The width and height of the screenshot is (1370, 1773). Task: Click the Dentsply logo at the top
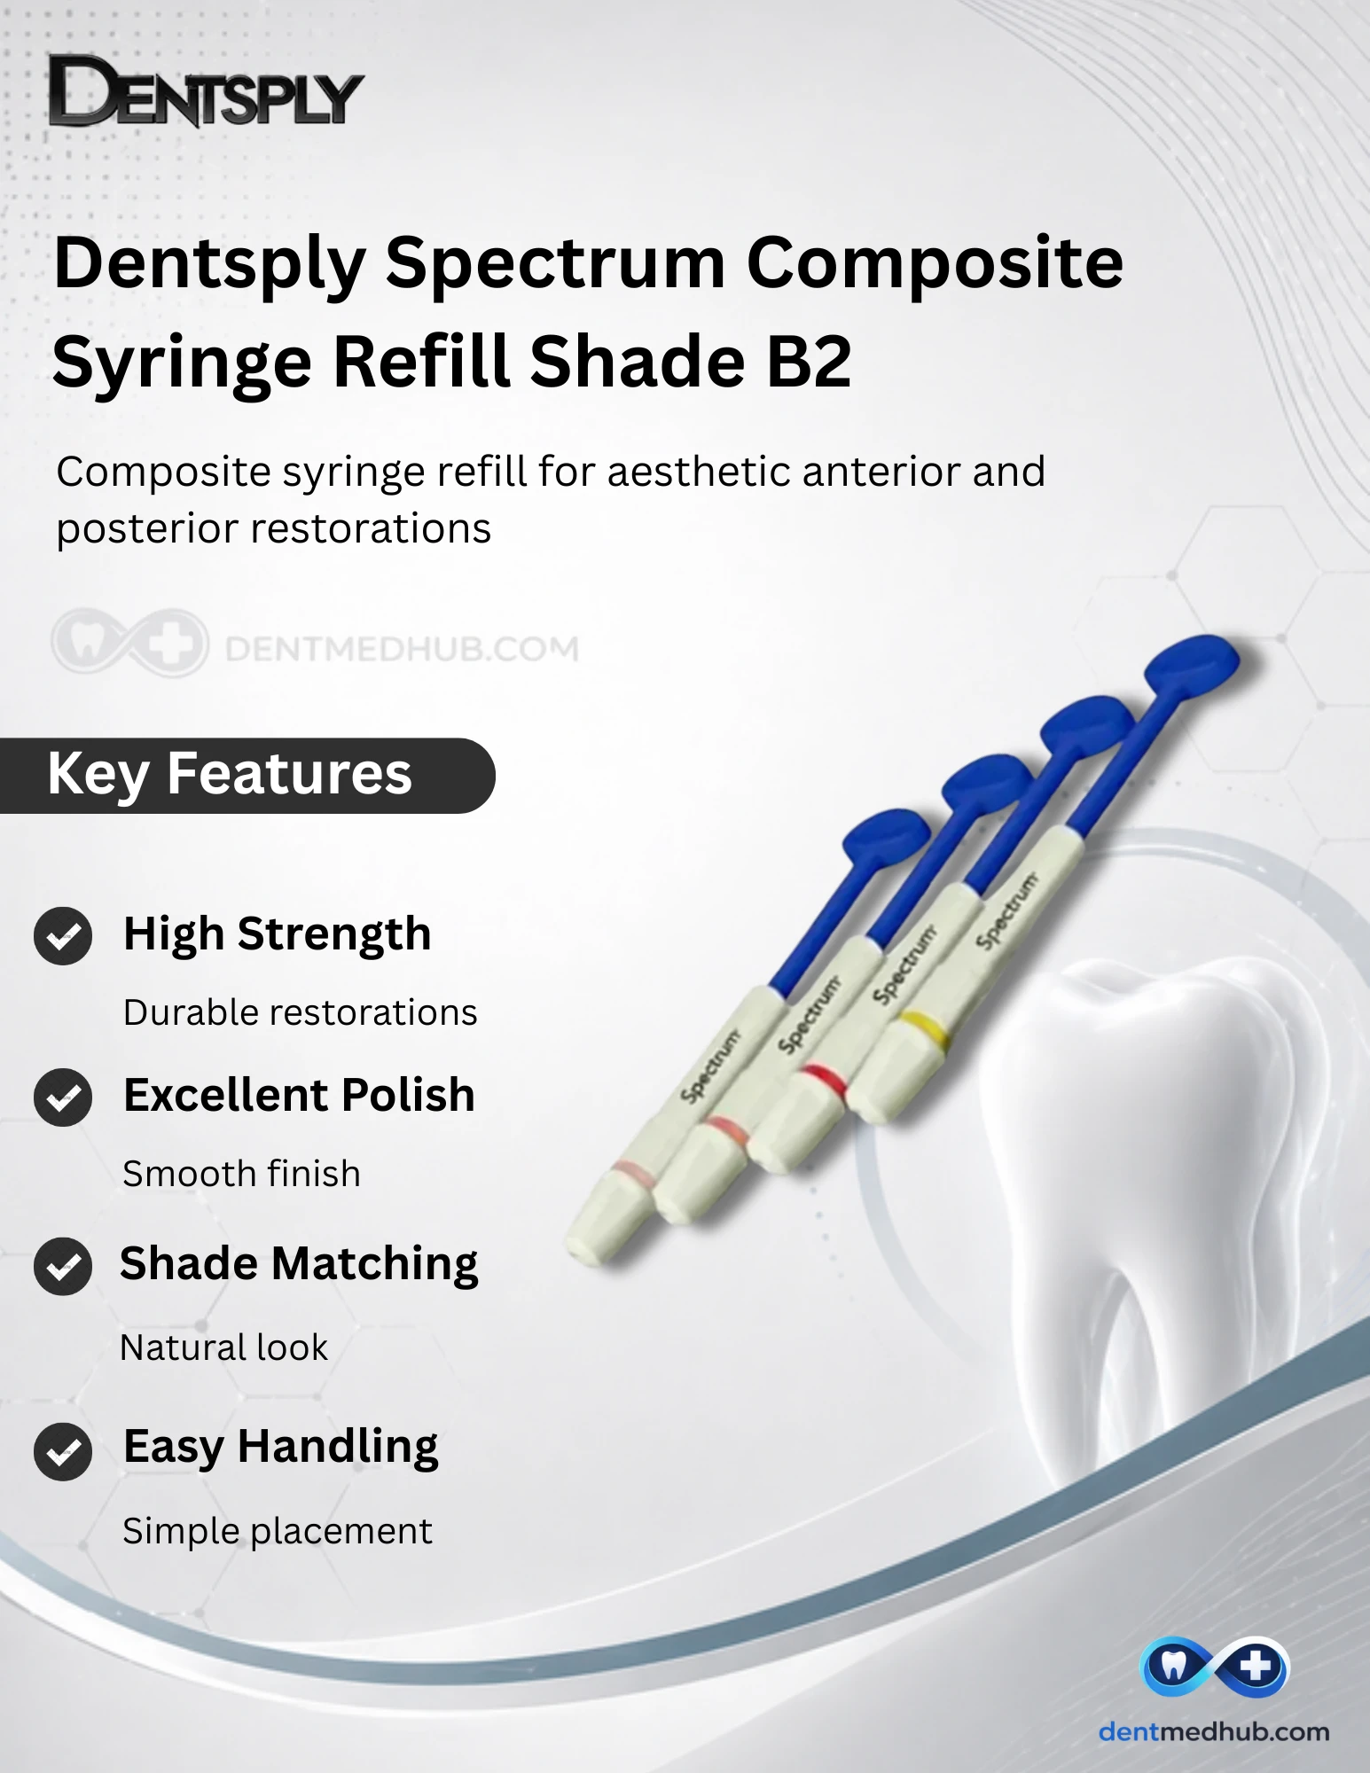click(206, 90)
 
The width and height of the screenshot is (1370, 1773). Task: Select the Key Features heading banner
click(247, 776)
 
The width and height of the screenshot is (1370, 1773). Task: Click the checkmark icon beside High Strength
click(63, 936)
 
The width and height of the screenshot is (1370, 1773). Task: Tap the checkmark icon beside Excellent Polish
click(63, 1097)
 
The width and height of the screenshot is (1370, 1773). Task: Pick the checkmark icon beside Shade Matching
click(63, 1266)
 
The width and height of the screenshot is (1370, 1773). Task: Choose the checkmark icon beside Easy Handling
click(63, 1452)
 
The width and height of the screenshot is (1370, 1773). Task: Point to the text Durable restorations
click(300, 1012)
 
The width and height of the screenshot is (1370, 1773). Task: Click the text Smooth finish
click(242, 1174)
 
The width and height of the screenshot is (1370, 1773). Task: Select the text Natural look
click(223, 1347)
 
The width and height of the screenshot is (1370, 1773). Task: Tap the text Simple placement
click(278, 1531)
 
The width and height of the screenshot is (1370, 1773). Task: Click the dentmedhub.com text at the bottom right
click(1214, 1731)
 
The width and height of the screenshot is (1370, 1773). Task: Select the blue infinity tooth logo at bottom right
click(1214, 1668)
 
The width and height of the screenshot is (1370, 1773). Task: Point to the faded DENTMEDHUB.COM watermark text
click(402, 649)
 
